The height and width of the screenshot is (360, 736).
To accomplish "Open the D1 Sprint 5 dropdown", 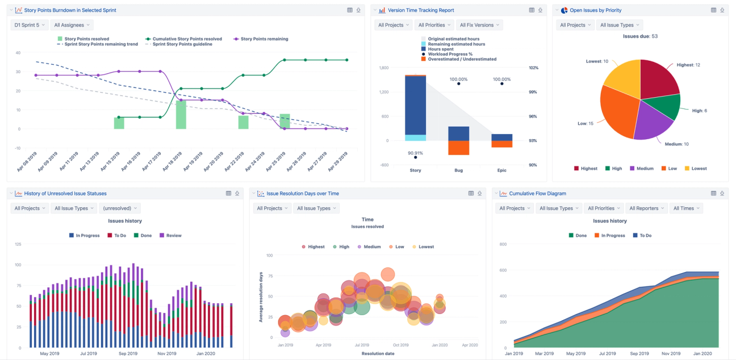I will (x=29, y=25).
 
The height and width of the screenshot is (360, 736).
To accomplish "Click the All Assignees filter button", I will (x=72, y=25).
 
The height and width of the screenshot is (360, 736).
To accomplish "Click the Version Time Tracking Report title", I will (x=421, y=10).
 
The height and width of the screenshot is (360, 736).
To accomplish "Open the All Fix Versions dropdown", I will (x=479, y=25).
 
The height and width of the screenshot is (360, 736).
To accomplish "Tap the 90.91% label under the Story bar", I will (x=415, y=153).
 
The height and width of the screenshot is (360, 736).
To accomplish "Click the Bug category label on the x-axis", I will (x=458, y=170).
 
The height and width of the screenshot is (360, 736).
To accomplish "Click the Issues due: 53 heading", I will (x=640, y=36).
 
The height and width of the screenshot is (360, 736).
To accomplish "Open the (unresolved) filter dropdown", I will (x=119, y=208).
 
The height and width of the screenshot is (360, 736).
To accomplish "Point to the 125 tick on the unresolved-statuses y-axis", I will (x=17, y=244).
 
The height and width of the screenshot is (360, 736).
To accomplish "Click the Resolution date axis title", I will (x=378, y=354).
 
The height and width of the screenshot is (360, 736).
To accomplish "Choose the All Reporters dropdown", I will (x=646, y=208).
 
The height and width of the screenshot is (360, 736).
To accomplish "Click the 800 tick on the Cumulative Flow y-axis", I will (x=502, y=244).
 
